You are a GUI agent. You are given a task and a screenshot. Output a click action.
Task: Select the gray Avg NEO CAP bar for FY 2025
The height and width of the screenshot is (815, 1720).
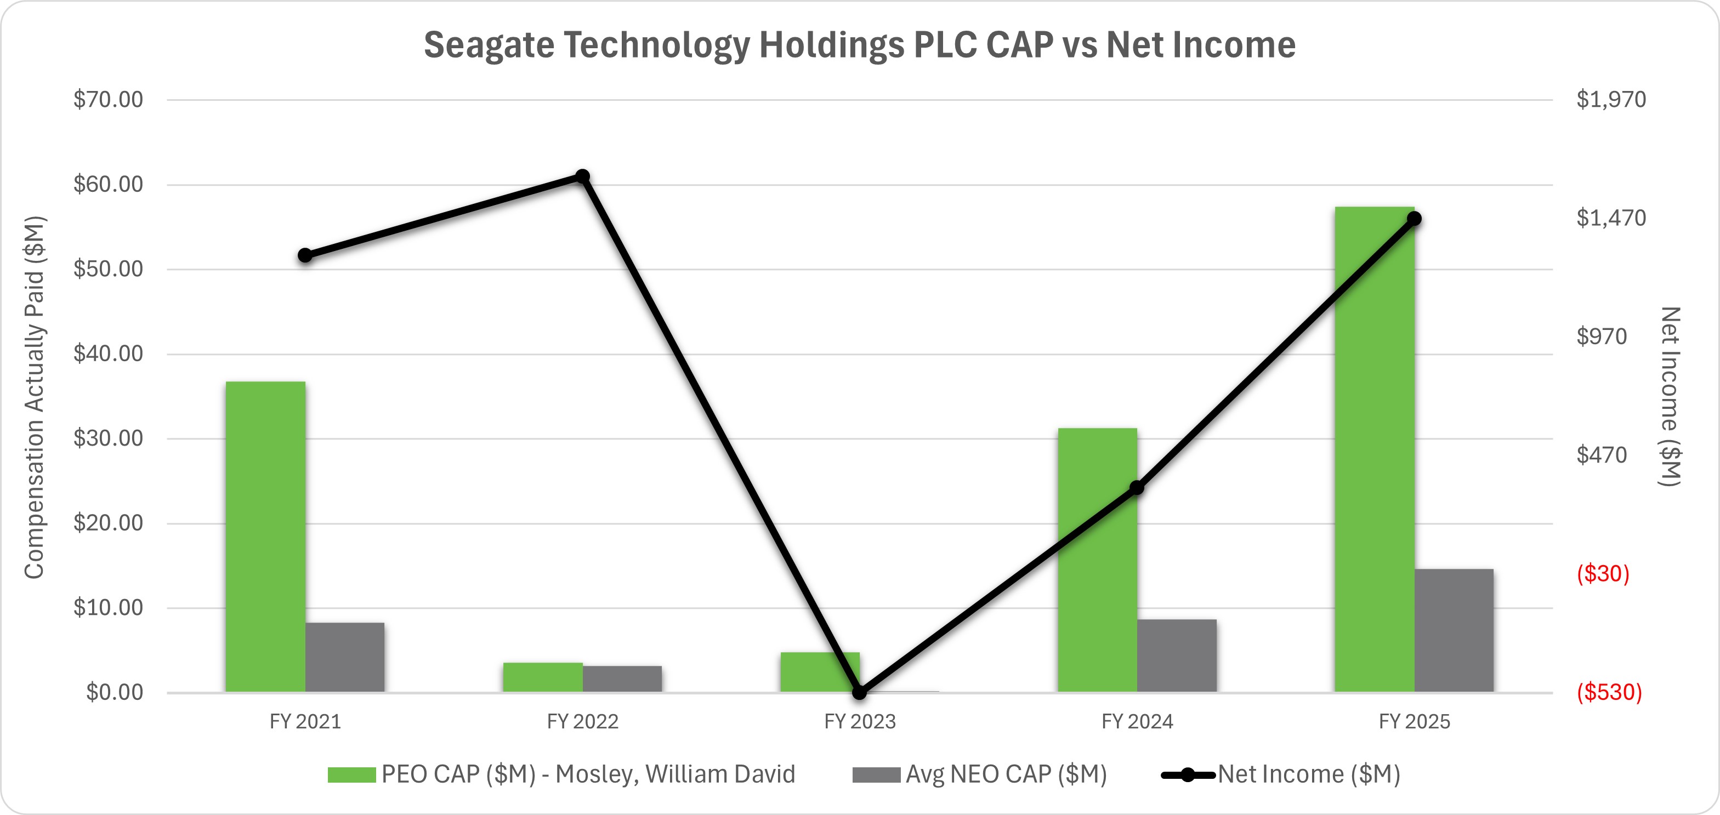pyautogui.click(x=1454, y=630)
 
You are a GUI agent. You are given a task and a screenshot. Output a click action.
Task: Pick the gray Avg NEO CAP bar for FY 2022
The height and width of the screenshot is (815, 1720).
pyautogui.click(x=622, y=679)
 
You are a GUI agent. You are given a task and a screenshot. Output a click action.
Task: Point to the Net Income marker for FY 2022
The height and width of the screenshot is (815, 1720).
pyautogui.click(x=583, y=177)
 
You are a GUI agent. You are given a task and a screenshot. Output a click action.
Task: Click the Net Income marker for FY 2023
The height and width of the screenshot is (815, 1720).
pyautogui.click(x=860, y=692)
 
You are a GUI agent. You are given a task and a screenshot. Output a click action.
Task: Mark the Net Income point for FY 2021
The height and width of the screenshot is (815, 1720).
pyautogui.click(x=305, y=255)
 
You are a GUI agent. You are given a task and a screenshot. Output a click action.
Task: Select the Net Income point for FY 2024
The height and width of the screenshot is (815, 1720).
pyautogui.click(x=1137, y=488)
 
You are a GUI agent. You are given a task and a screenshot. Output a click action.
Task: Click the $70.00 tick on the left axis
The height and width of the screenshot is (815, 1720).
pyautogui.click(x=108, y=99)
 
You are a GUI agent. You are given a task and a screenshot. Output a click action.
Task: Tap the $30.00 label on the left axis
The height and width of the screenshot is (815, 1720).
pyautogui.click(x=108, y=438)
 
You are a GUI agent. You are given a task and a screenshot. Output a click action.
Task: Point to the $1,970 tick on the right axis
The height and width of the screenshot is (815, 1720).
pyautogui.click(x=1610, y=99)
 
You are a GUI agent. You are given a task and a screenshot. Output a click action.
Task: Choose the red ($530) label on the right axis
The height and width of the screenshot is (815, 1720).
pyautogui.click(x=1609, y=692)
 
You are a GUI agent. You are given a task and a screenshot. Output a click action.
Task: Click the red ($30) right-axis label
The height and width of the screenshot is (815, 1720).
pyautogui.click(x=1603, y=573)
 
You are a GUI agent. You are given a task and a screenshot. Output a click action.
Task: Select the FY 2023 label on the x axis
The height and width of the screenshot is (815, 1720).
pyautogui.click(x=860, y=722)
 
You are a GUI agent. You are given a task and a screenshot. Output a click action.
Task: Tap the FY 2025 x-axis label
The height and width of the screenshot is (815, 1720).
pyautogui.click(x=1414, y=722)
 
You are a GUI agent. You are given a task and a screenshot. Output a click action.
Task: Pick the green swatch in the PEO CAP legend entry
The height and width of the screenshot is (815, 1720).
pyautogui.click(x=352, y=775)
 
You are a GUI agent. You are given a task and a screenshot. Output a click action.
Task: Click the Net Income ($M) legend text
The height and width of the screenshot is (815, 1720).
pyautogui.click(x=1309, y=774)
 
